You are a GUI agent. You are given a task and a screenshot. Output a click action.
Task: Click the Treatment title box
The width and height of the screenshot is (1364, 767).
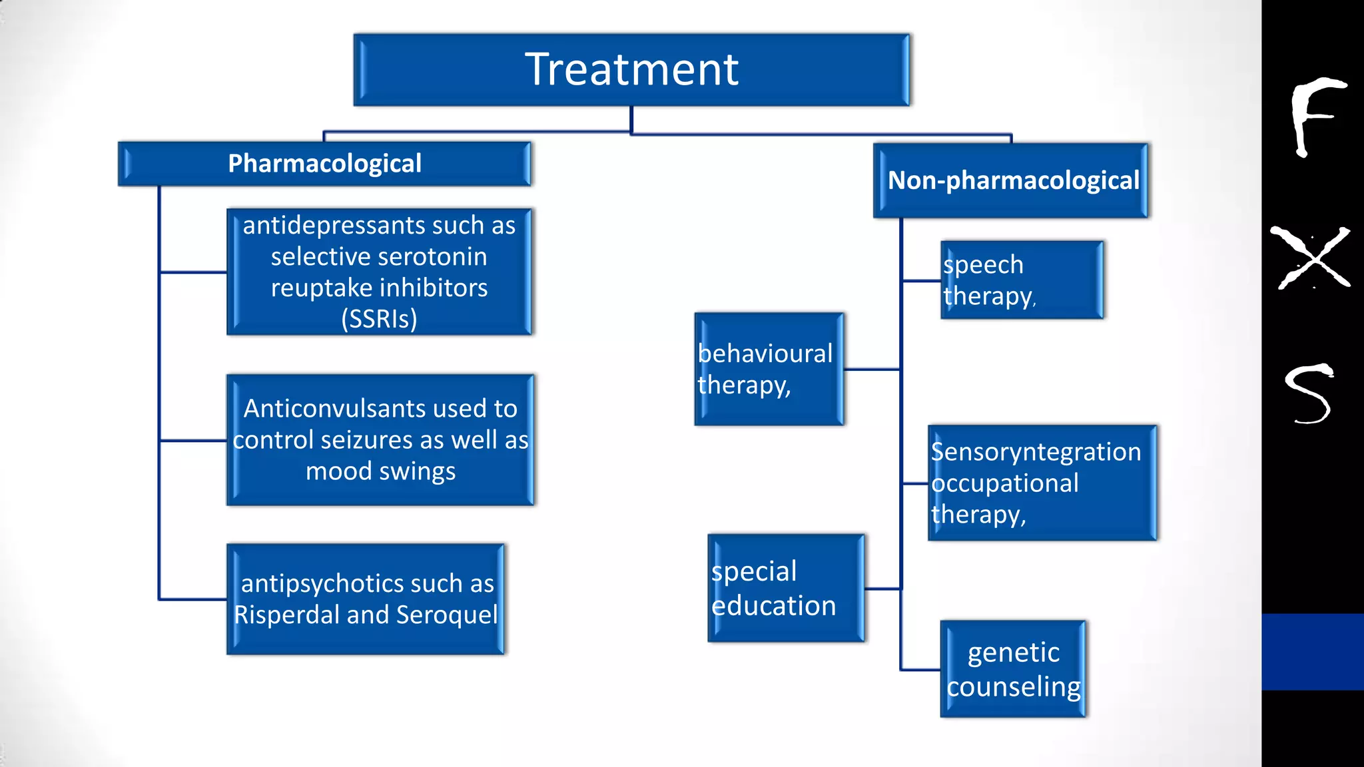pyautogui.click(x=631, y=70)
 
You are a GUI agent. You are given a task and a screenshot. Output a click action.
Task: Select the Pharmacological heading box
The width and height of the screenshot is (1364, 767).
pyautogui.click(x=324, y=164)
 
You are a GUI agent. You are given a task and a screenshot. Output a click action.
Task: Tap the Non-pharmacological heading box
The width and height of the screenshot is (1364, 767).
pyautogui.click(x=1011, y=180)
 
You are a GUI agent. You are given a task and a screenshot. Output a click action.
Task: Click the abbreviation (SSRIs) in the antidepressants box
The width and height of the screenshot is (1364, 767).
pyautogui.click(x=379, y=319)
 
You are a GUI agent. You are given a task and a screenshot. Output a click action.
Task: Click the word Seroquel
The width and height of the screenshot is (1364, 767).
pyautogui.click(x=446, y=615)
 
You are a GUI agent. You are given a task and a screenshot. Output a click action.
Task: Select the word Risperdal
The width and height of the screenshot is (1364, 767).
pyautogui.click(x=287, y=615)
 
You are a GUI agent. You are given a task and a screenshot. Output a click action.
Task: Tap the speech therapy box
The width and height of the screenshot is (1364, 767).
pyautogui.click(x=1021, y=280)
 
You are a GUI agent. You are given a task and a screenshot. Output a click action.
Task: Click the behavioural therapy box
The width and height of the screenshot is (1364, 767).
pyautogui.click(x=769, y=370)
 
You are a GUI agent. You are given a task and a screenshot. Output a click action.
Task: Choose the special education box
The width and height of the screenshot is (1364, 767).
pyautogui.click(x=786, y=589)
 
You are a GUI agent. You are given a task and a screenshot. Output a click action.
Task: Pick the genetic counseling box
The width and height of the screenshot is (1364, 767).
pyautogui.click(x=1013, y=669)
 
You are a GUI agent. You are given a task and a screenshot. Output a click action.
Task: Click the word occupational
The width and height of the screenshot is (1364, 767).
pyautogui.click(x=1004, y=483)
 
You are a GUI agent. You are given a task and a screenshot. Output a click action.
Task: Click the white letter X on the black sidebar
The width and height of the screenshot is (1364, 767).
pyautogui.click(x=1310, y=258)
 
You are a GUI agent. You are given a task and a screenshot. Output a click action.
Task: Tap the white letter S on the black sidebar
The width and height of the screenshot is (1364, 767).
pyautogui.click(x=1308, y=393)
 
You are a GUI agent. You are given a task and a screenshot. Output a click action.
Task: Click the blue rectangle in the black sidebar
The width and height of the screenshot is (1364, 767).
pyautogui.click(x=1312, y=652)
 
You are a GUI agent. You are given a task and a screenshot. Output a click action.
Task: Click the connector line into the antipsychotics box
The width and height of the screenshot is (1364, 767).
pyautogui.click(x=193, y=599)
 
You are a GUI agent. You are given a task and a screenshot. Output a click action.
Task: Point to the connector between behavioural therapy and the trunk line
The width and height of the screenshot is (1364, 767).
pyautogui.click(x=872, y=370)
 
